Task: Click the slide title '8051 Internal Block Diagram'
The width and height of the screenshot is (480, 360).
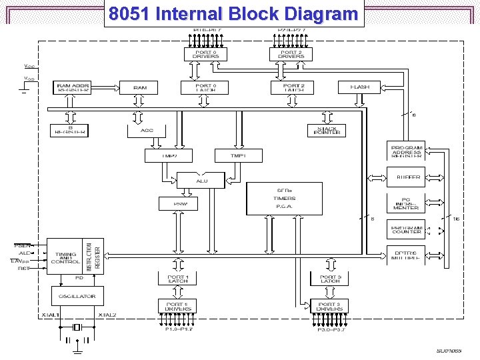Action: (x=233, y=13)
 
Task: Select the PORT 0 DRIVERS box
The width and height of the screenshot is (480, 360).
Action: (x=205, y=55)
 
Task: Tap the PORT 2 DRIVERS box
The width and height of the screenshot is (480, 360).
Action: (x=291, y=55)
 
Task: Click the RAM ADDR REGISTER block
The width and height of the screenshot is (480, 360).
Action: (x=73, y=87)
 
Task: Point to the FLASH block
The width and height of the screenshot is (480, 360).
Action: (x=359, y=87)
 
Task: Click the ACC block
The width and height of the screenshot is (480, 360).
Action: (x=147, y=130)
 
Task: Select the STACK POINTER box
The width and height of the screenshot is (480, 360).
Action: (x=327, y=130)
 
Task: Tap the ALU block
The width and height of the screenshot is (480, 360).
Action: (x=201, y=181)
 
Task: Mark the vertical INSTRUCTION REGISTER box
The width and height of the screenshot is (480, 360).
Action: (x=93, y=255)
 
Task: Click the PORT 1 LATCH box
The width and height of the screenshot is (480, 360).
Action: (x=177, y=279)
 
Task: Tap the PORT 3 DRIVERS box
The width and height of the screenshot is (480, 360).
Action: (x=330, y=307)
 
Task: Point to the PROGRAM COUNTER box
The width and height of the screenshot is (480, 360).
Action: (x=406, y=231)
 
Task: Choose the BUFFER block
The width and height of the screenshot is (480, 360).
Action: (x=407, y=177)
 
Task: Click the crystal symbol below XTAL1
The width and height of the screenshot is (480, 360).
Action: (x=77, y=327)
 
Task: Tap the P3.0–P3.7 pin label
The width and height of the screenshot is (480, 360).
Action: (x=330, y=330)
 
